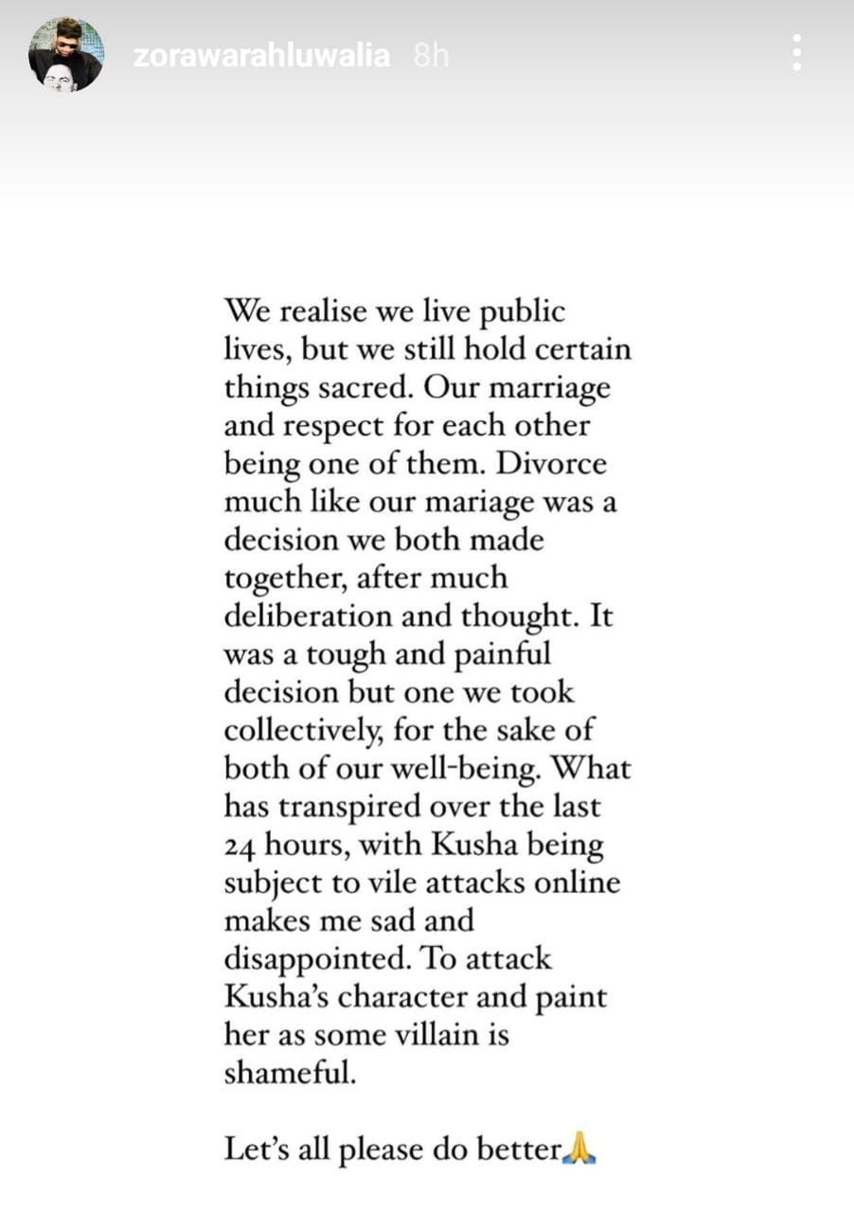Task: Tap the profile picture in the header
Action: (64, 56)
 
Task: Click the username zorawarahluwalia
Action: (261, 56)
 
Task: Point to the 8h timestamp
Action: (431, 56)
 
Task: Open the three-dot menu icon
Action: (797, 53)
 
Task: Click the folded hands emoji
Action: (579, 1150)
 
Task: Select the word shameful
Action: (289, 1073)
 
